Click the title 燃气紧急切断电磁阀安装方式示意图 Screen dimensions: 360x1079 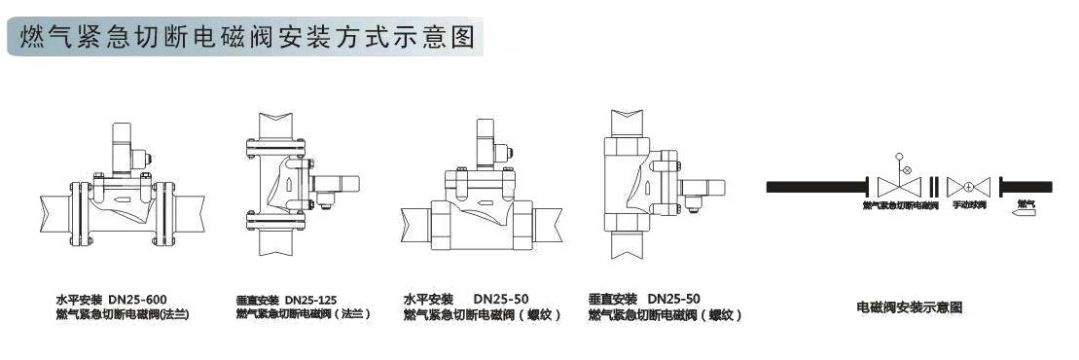(244, 37)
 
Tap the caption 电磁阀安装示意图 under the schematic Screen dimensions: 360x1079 (909, 307)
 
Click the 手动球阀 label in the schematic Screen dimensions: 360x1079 (970, 205)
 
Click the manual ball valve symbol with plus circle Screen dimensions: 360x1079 (969, 186)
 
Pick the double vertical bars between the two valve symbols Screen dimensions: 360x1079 (934, 186)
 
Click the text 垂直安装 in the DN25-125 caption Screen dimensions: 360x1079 (258, 299)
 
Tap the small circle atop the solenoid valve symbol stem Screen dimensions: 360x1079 (899, 157)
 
